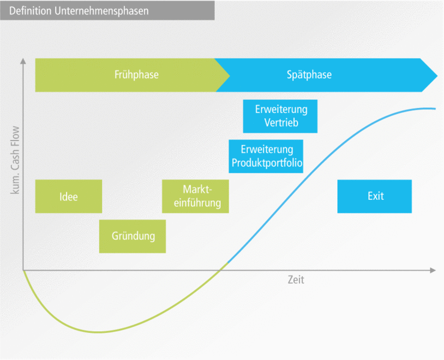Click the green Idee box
coord(68,196)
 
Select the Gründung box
coord(133,236)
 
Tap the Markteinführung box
coord(196,196)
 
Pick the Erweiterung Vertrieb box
coord(280,116)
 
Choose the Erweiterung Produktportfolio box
coord(266,156)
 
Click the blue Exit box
coord(374,196)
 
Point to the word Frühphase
coord(137,75)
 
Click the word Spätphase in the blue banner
coord(309,75)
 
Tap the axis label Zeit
coord(295,280)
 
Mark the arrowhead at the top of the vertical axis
coord(23,61)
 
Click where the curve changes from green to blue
coord(229,262)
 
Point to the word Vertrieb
coord(281,123)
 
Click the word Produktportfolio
coord(266,163)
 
